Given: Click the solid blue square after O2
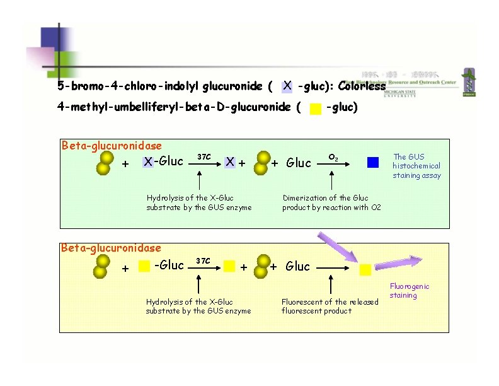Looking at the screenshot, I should [x=373, y=162].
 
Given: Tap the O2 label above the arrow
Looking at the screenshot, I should [x=334, y=156].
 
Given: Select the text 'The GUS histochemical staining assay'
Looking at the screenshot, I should [x=416, y=167].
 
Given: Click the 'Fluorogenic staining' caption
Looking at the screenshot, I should [x=409, y=291].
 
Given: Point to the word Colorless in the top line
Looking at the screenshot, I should [x=361, y=86].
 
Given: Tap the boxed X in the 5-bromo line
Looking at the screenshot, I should [x=287, y=85].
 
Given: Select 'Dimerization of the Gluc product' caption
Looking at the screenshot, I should [x=331, y=202].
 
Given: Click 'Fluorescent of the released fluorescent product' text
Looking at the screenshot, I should [x=330, y=306].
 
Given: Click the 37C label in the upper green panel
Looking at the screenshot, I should [x=204, y=156].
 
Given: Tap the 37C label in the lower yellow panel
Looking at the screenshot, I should [x=203, y=260].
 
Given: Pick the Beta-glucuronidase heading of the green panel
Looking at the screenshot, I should [x=112, y=146].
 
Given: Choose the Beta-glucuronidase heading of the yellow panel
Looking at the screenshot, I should [x=111, y=249].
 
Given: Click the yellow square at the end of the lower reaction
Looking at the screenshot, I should [x=365, y=270].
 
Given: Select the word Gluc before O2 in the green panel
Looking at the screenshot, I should [x=299, y=163].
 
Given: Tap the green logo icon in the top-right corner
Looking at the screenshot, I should [x=469, y=82].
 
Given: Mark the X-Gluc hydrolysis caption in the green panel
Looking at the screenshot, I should [x=198, y=202].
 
